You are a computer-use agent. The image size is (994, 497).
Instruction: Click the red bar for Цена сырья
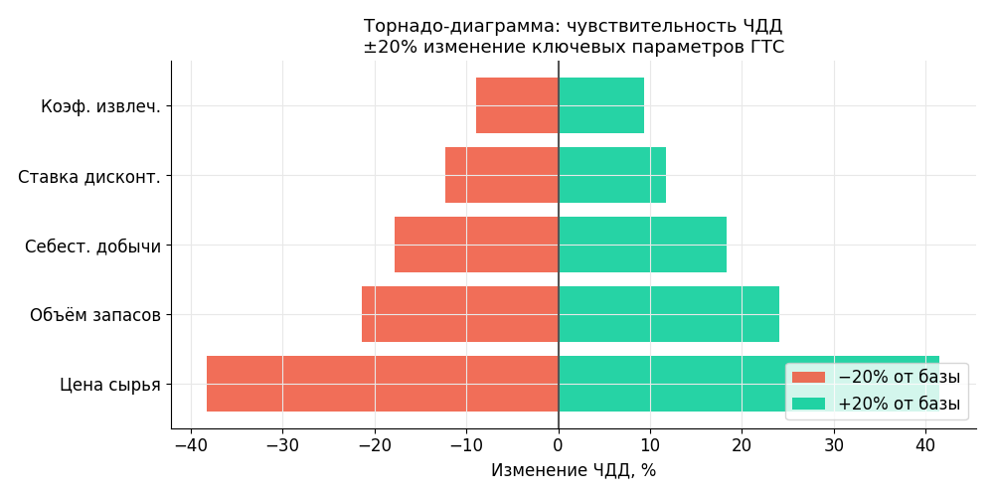tap(383, 384)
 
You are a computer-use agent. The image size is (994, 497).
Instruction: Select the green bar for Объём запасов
tap(669, 314)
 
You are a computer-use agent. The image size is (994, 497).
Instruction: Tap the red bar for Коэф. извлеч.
tap(517, 105)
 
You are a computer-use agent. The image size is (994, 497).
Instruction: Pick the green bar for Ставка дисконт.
tap(612, 175)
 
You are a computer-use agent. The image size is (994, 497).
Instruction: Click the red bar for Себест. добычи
tap(476, 245)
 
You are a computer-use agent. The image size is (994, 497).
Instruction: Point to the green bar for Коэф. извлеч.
tap(601, 105)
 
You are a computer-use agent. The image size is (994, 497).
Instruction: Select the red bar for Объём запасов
tap(460, 314)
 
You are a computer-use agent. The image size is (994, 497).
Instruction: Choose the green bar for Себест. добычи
tap(642, 245)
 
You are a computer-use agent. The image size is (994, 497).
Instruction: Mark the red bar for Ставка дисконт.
tap(502, 175)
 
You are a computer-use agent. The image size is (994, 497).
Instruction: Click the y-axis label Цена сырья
tap(110, 385)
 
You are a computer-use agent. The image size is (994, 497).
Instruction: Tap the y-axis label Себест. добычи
tap(92, 246)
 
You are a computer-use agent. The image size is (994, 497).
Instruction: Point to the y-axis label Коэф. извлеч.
tap(100, 106)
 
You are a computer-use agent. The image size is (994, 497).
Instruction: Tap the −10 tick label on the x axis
tap(466, 444)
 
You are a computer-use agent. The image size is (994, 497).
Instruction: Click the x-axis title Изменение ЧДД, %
tap(574, 470)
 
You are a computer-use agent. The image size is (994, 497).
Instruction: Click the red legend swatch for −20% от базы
tap(808, 378)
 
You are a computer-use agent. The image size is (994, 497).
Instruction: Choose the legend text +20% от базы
tap(899, 404)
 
